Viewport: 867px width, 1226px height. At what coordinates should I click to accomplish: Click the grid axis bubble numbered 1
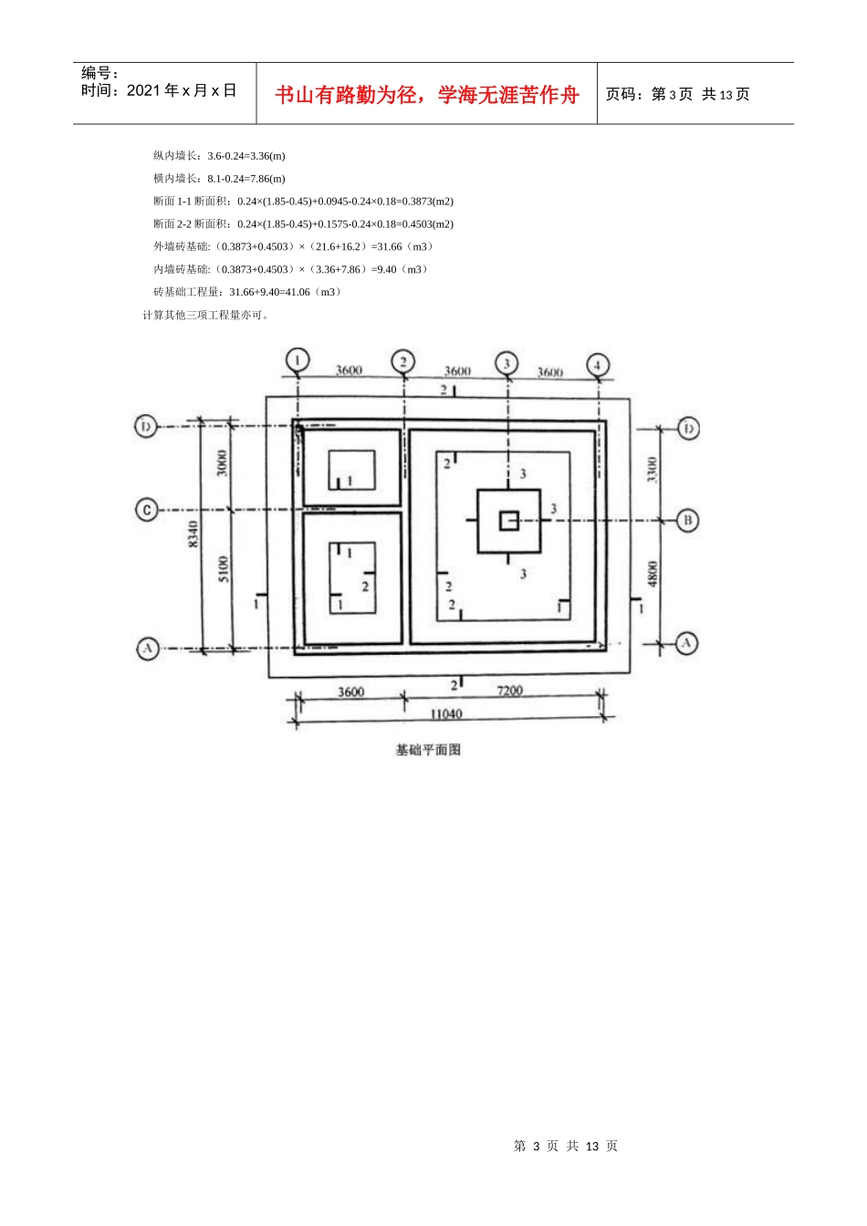(298, 360)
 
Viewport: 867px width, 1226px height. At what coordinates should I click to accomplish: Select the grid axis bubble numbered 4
(597, 365)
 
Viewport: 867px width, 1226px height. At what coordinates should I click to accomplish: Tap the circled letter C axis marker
(147, 510)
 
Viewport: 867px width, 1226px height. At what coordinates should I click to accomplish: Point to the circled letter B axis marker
(687, 520)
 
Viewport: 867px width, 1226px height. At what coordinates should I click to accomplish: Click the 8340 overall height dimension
(193, 535)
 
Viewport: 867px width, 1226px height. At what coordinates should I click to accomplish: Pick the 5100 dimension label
(224, 569)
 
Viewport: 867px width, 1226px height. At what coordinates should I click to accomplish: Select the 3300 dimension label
(652, 470)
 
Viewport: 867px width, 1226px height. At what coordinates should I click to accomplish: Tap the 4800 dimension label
(653, 574)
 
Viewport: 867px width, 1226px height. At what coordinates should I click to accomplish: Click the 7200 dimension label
(509, 691)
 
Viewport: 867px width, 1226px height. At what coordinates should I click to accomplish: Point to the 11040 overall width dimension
(446, 713)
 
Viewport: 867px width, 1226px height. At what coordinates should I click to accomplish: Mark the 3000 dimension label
(221, 463)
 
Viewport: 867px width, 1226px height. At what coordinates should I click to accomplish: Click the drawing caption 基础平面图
(428, 749)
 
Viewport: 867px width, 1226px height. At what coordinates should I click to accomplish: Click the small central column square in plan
(509, 521)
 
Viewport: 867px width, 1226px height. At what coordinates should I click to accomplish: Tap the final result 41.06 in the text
(298, 292)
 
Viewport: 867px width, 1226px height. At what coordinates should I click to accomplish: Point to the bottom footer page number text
(565, 1146)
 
